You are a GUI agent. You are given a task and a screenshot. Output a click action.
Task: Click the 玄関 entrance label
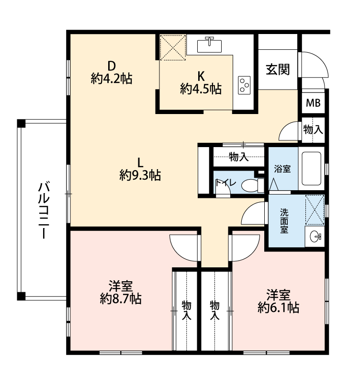[278, 69]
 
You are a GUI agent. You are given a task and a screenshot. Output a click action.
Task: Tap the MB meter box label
[313, 103]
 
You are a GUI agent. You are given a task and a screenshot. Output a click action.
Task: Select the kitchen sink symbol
[209, 45]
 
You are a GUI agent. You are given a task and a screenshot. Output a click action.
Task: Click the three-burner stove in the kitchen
[244, 85]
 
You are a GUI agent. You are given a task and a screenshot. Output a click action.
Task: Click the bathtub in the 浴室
[312, 168]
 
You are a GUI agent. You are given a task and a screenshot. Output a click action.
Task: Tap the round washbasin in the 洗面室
[315, 236]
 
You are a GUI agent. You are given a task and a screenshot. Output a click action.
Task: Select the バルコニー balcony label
[44, 210]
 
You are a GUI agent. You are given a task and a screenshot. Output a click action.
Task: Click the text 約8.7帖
[121, 299]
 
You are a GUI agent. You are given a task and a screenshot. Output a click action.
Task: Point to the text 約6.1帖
[279, 308]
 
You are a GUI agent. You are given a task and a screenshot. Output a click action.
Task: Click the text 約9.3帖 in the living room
[140, 175]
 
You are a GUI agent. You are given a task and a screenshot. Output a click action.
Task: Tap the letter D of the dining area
[112, 65]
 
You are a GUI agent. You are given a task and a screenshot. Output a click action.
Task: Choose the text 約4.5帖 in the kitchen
[201, 89]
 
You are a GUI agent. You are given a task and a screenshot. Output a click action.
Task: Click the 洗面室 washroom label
[284, 221]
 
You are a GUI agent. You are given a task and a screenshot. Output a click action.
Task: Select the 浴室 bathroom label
[282, 169]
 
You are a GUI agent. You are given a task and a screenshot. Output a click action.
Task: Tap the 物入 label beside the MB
[313, 129]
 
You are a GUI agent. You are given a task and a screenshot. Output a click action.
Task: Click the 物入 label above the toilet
[238, 157]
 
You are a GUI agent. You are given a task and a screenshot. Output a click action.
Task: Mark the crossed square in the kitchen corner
[173, 47]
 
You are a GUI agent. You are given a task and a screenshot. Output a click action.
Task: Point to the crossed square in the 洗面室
[315, 210]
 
